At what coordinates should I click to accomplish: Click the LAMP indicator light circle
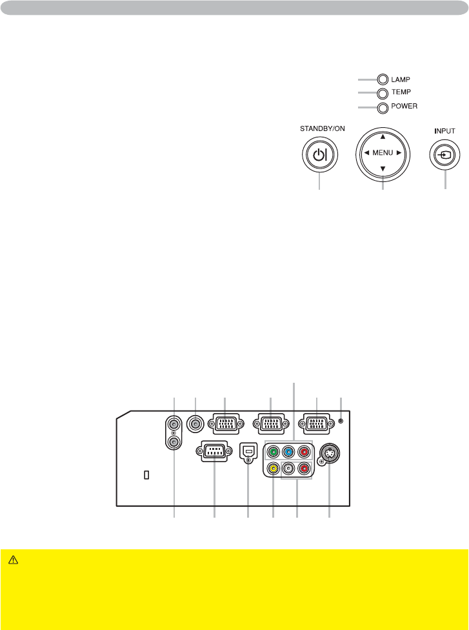(383, 79)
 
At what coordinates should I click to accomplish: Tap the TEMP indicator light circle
(383, 93)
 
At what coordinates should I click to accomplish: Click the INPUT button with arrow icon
(445, 156)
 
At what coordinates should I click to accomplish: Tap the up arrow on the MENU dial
(383, 137)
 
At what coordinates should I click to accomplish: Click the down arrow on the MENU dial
(383, 169)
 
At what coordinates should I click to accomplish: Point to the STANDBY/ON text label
(323, 128)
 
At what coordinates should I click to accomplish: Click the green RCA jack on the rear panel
(274, 452)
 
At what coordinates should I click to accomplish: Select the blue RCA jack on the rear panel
(288, 452)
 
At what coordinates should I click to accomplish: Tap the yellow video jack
(274, 469)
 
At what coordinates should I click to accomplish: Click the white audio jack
(288, 469)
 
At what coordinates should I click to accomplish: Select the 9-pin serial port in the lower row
(214, 451)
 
